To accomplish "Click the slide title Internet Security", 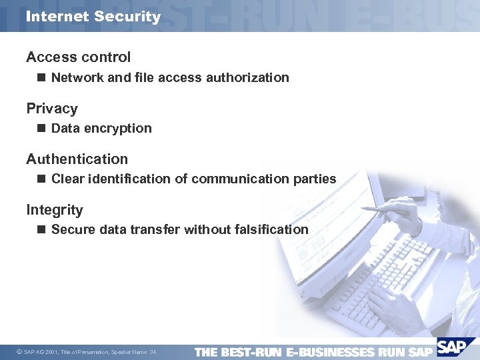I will pyautogui.click(x=93, y=17).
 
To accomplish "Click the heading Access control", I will pyautogui.click(x=78, y=57).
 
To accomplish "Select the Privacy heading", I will pyautogui.click(x=52, y=108).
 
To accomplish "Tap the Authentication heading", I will pyautogui.click(x=77, y=159).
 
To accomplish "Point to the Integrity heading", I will pyautogui.click(x=55, y=210).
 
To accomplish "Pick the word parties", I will pyautogui.click(x=314, y=179).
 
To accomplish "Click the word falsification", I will pyautogui.click(x=271, y=229).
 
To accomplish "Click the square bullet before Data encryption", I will pyautogui.click(x=41, y=128).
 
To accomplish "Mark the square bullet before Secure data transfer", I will pyautogui.click(x=41, y=229).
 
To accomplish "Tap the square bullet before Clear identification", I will pyautogui.click(x=41, y=179).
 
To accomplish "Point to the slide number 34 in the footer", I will pyautogui.click(x=153, y=352).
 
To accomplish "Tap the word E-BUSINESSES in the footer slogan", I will pyautogui.click(x=329, y=351).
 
